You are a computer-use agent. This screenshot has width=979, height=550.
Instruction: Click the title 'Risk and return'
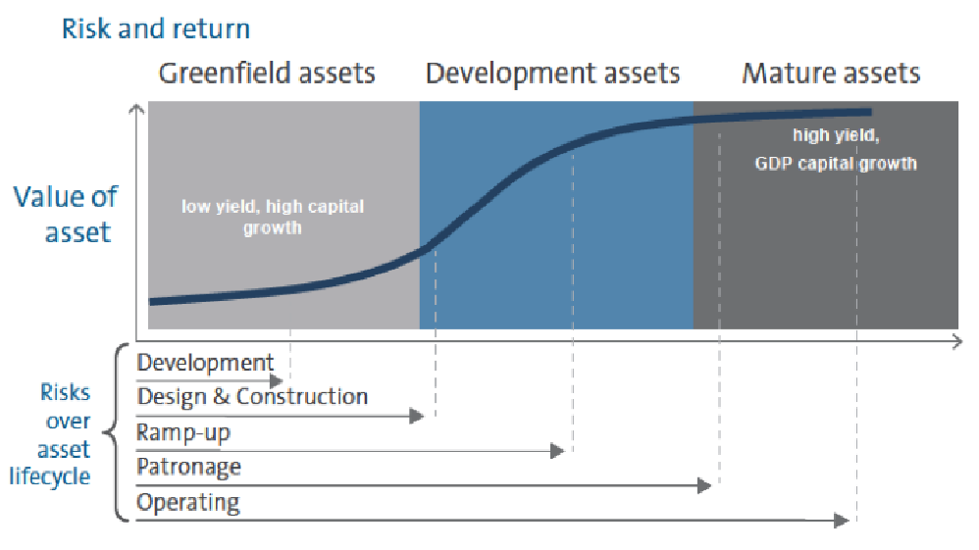pos(156,29)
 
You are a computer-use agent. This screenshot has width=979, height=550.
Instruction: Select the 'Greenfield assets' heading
pos(267,74)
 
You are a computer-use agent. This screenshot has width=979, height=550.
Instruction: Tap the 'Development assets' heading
pos(552,74)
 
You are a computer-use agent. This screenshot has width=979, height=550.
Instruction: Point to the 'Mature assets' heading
pos(831,74)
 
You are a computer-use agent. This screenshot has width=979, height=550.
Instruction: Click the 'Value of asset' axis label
pos(66,214)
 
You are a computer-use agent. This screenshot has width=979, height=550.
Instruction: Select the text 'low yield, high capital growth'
pos(273,217)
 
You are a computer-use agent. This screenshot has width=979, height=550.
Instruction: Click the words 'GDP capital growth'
pos(836,164)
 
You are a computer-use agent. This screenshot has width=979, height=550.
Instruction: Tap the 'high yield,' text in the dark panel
pos(836,135)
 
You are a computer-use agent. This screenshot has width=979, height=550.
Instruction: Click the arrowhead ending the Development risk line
pos(276,380)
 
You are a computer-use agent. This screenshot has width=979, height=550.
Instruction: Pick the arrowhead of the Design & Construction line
pos(417,415)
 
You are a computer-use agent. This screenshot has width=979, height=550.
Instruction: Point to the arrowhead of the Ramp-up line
pos(557,451)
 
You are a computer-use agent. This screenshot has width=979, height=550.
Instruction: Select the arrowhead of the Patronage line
pos(704,485)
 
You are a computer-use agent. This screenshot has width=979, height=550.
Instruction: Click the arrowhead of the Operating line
pos(842,520)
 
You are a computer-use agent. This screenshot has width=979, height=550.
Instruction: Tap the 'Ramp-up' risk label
pos(183,432)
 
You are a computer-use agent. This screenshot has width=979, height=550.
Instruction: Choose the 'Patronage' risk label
pos(188,467)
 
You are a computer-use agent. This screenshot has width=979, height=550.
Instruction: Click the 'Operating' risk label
pos(188,503)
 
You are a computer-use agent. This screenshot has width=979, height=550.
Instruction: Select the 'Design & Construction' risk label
pos(252,397)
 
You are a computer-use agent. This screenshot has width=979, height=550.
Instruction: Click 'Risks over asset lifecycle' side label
pos(51,434)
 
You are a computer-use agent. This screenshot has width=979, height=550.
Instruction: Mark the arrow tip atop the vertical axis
pos(136,106)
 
